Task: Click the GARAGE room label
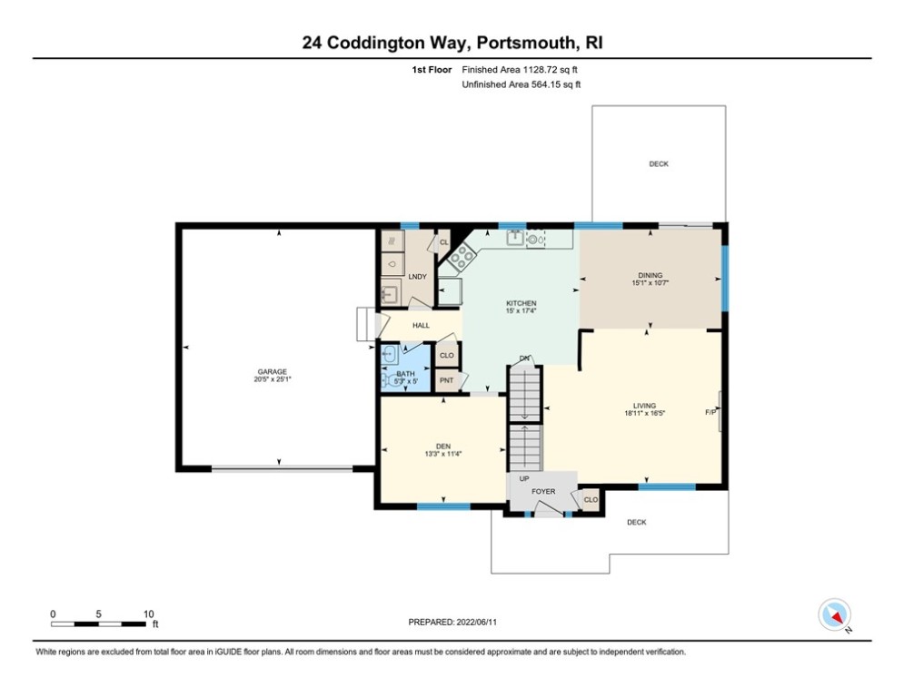[272, 371]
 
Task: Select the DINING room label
[651, 275]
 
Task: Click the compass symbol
[833, 614]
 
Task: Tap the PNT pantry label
[446, 380]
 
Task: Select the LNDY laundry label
[418, 276]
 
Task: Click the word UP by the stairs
[524, 478]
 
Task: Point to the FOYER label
[543, 492]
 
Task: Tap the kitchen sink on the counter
[513, 239]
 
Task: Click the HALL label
[421, 326]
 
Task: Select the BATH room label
[405, 374]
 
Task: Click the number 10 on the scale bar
[148, 613]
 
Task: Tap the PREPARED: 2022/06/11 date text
[455, 622]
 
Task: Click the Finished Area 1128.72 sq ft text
[522, 69]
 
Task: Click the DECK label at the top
[659, 164]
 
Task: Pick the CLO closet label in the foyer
[591, 500]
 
